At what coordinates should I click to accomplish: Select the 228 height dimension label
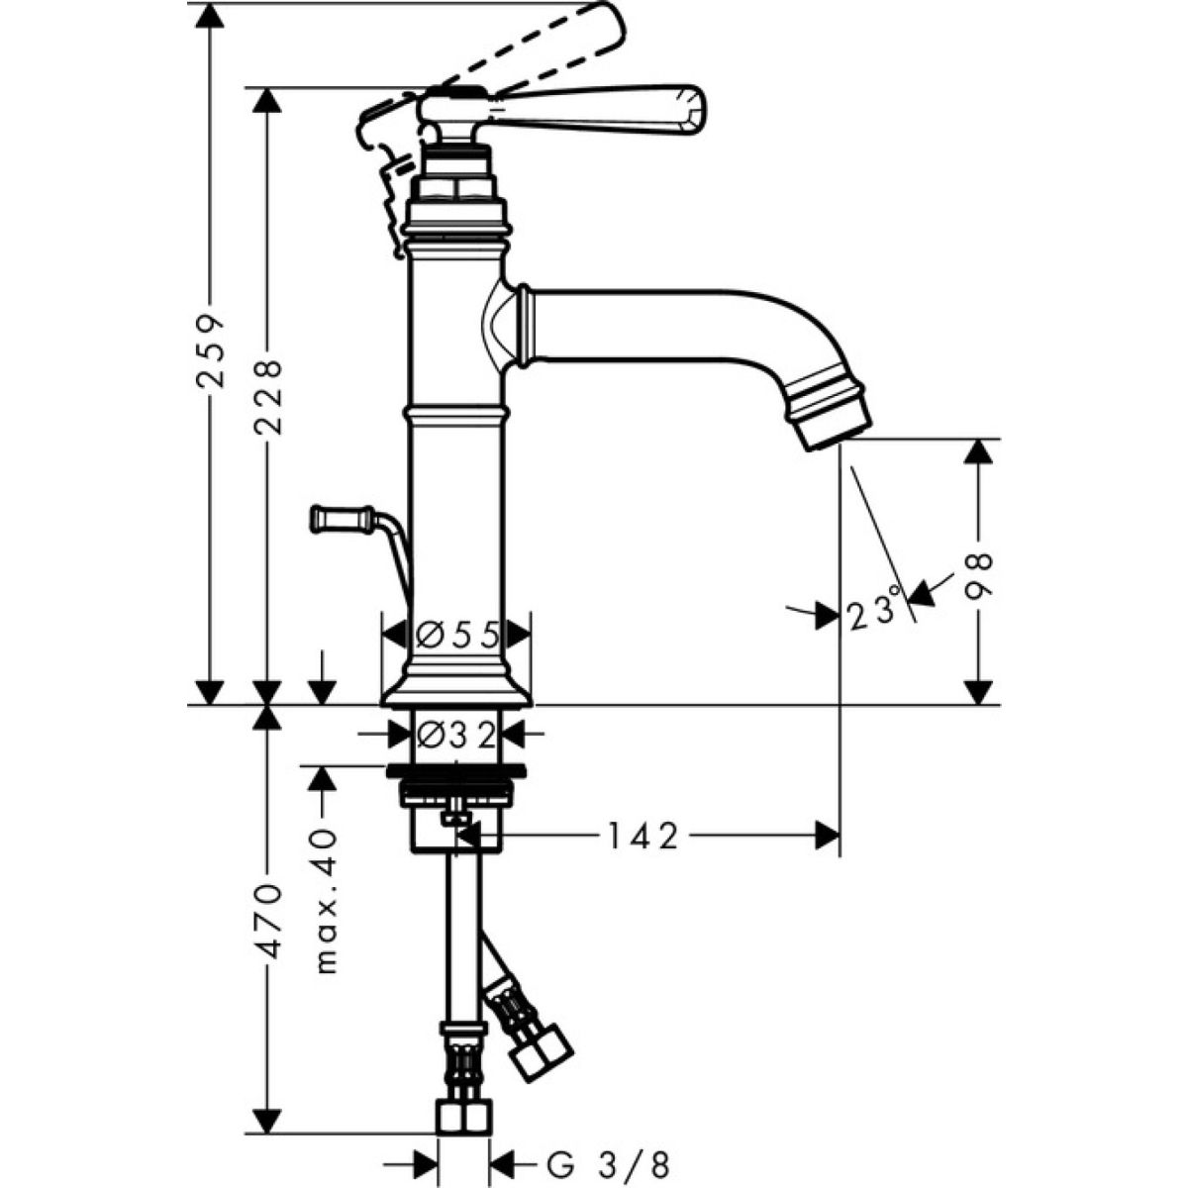point(268,396)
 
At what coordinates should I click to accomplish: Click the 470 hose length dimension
point(268,921)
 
